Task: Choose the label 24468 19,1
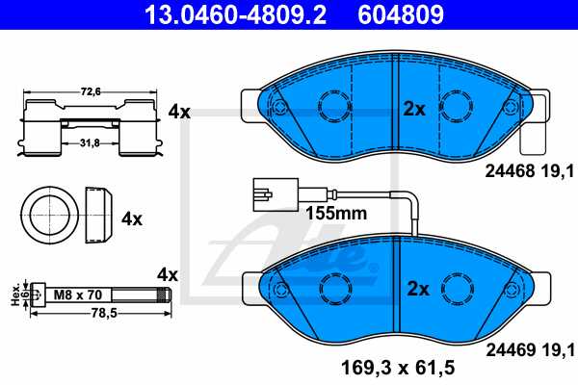coord(524,172)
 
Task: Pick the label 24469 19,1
coord(524,348)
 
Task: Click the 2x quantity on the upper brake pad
coord(414,109)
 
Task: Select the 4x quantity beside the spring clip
coord(179,112)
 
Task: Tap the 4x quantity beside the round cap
coord(131,218)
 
